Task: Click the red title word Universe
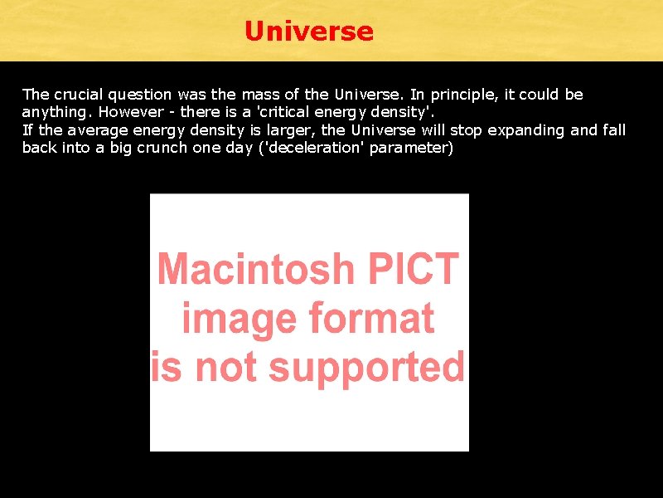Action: point(309,32)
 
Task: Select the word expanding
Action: point(515,130)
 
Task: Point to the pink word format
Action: point(371,319)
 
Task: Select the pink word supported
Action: point(379,367)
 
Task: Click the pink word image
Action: point(240,319)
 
